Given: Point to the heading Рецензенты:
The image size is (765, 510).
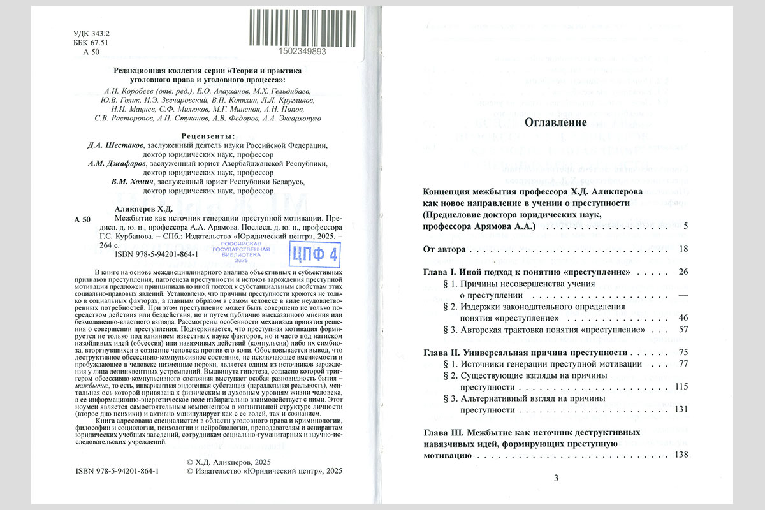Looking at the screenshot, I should [207, 136].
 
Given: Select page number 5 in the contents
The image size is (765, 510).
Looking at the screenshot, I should [685, 226].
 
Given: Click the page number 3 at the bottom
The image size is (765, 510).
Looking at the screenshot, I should [555, 478].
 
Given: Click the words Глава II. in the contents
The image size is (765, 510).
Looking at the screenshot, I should [444, 353].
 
